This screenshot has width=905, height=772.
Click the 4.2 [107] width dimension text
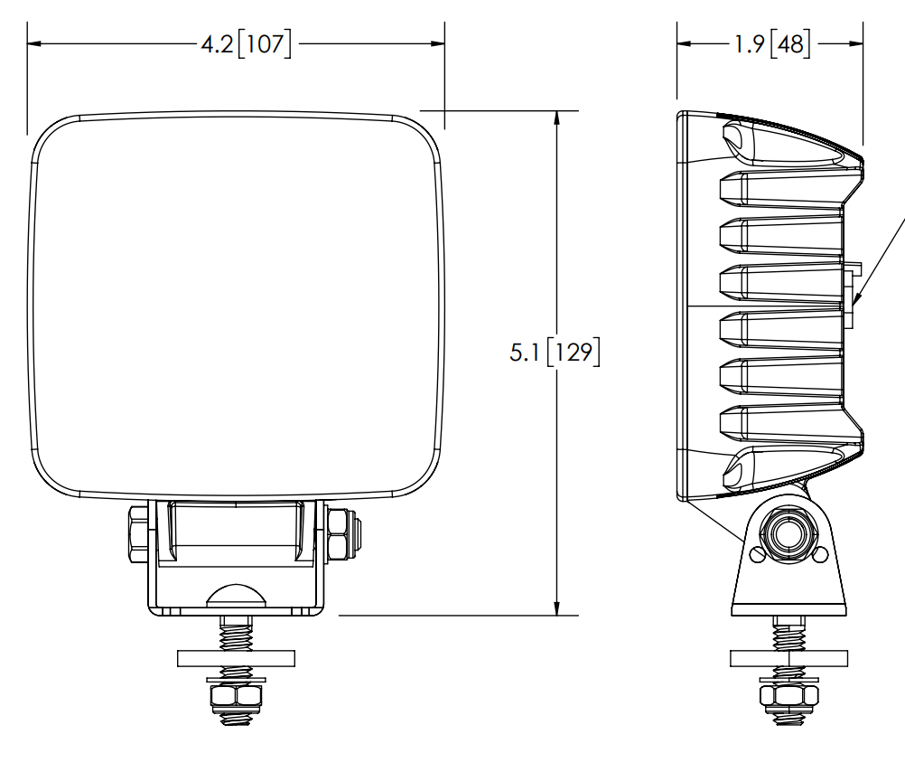(246, 44)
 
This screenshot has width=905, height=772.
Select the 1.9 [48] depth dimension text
(771, 44)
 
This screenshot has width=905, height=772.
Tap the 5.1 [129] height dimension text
(555, 352)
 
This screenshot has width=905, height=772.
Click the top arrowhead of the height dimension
(556, 118)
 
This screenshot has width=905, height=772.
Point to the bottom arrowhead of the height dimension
(556, 608)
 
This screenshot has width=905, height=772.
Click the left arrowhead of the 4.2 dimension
(34, 43)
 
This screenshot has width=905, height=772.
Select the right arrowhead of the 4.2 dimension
(437, 43)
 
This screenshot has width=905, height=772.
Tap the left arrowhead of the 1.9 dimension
(684, 43)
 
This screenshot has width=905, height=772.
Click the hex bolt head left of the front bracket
(138, 534)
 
